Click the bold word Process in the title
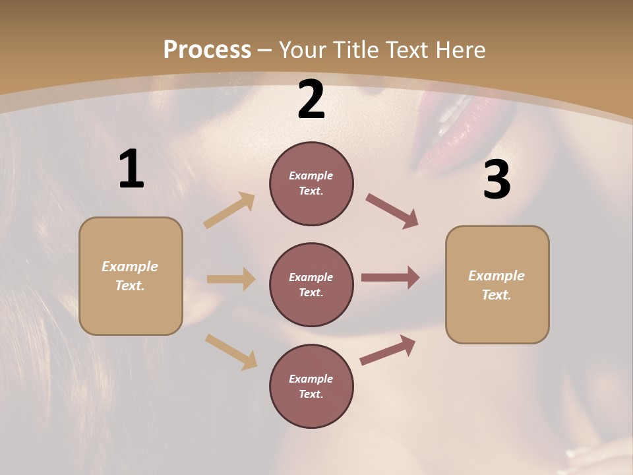[207, 50]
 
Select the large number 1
[131, 170]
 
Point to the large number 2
[311, 100]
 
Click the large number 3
[497, 180]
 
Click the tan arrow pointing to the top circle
[229, 210]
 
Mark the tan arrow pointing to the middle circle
[231, 279]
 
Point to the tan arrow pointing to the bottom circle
[231, 351]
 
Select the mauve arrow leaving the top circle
[392, 211]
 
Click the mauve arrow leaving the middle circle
[390, 278]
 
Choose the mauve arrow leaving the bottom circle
[388, 350]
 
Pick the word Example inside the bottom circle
[311, 379]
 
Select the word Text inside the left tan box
[129, 286]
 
